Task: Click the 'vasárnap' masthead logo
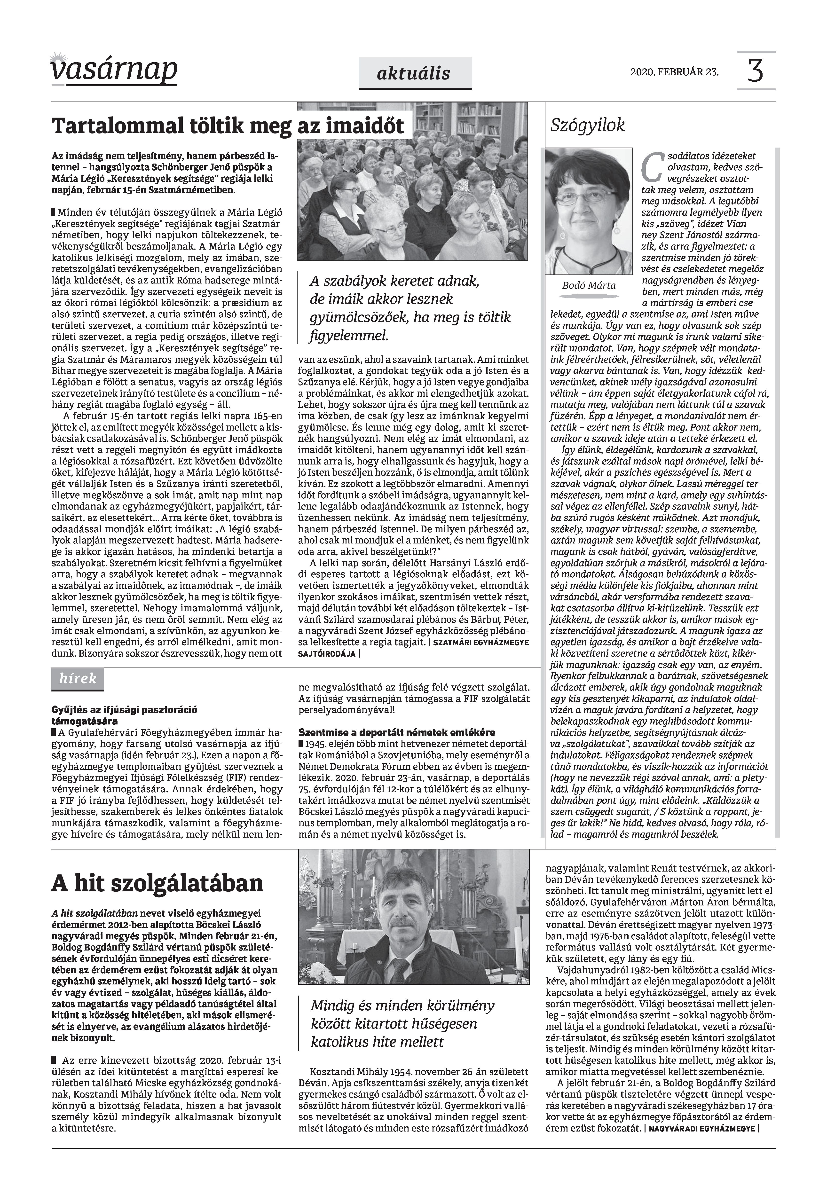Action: (114, 70)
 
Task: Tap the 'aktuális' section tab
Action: (415, 74)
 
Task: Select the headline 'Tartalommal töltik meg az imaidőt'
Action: (228, 126)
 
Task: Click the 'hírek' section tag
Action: (78, 679)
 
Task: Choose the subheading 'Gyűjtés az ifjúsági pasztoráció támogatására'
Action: (124, 715)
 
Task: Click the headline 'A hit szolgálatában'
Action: (157, 883)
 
